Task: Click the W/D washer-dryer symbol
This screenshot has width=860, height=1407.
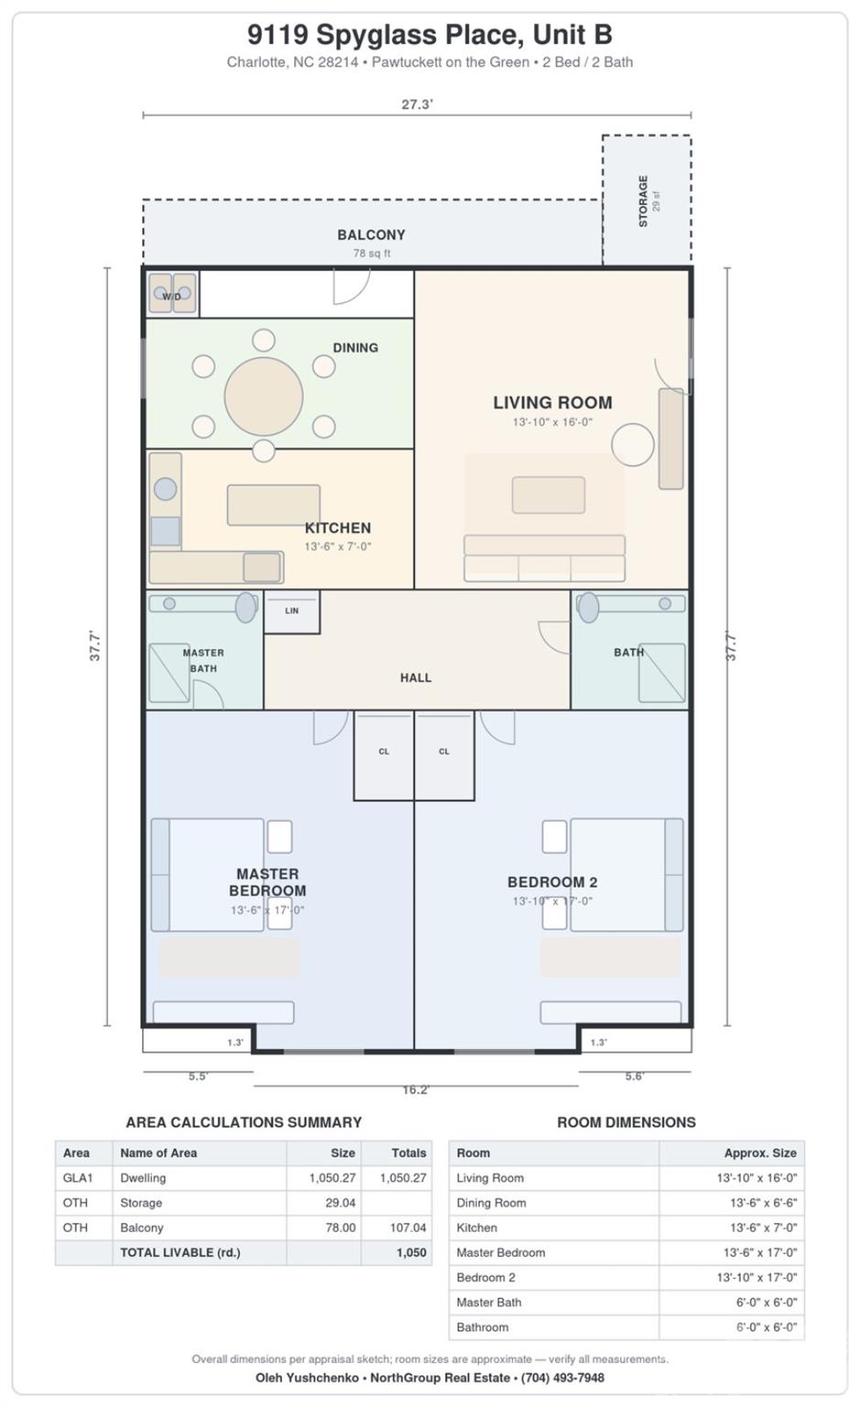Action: (x=172, y=293)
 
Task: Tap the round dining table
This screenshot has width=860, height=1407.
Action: (x=264, y=397)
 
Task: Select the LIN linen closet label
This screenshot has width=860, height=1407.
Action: (x=291, y=611)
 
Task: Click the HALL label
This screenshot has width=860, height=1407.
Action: (x=416, y=678)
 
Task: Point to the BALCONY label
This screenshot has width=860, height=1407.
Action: (x=371, y=234)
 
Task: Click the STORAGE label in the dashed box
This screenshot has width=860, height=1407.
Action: (x=643, y=201)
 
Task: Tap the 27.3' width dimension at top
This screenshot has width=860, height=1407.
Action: (x=417, y=104)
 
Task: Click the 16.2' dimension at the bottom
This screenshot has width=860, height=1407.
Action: (x=416, y=1090)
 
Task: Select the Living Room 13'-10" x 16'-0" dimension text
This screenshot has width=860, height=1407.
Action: (x=552, y=422)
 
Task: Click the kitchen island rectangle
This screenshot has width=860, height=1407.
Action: (x=273, y=505)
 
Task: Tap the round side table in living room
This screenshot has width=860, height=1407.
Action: (x=633, y=444)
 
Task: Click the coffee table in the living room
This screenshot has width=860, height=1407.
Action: (x=549, y=495)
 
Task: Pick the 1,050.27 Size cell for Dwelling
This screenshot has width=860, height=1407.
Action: (x=332, y=1178)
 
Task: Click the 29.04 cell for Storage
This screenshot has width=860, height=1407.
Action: (x=341, y=1203)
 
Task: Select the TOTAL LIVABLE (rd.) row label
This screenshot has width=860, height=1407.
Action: (x=180, y=1252)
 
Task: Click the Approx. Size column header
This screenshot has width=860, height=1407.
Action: (x=760, y=1153)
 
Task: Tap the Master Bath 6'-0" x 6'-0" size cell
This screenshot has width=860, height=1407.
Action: (x=767, y=1303)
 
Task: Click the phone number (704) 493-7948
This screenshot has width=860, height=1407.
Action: (x=562, y=1378)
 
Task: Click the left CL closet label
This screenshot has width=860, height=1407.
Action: (x=384, y=751)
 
